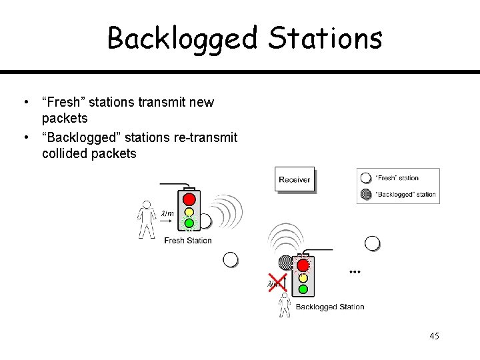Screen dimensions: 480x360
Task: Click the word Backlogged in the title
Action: (182, 38)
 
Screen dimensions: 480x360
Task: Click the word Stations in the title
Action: (325, 38)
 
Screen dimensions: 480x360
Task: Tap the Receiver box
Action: (294, 179)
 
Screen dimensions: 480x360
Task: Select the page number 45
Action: (434, 336)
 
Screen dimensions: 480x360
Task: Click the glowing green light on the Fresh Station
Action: (189, 223)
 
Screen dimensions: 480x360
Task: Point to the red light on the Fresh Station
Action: (189, 199)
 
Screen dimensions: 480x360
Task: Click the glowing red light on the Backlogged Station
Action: (303, 265)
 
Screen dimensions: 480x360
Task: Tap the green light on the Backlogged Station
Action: (303, 289)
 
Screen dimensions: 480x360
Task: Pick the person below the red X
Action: (285, 306)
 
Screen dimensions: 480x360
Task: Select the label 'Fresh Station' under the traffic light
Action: (188, 241)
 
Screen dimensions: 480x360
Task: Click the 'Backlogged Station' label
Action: (330, 307)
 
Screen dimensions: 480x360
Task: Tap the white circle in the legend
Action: (365, 178)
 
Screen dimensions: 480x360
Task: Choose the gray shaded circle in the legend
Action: (365, 195)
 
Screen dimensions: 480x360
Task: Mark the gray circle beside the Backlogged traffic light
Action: (285, 262)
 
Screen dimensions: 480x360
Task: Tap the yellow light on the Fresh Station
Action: (189, 211)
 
